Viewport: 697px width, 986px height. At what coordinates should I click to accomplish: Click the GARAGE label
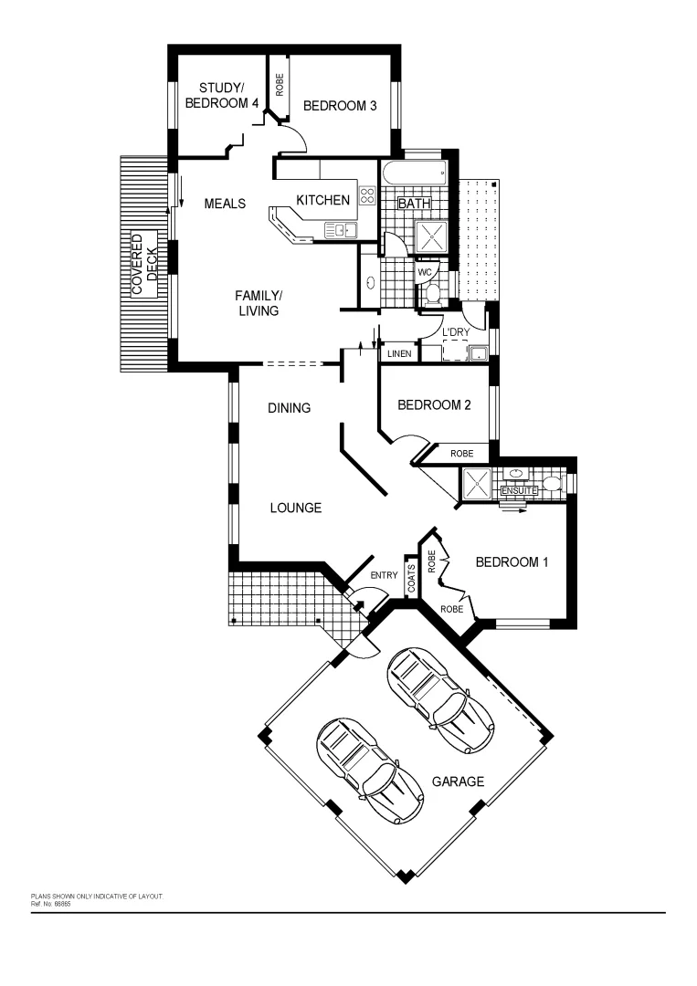pos(458,781)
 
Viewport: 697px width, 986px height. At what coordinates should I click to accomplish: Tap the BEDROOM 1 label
pos(512,562)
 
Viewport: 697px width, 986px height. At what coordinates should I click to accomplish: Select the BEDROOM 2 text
pos(434,405)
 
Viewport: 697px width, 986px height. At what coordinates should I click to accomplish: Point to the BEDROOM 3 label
pos(340,106)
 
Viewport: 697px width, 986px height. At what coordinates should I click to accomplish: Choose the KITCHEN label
pos(323,200)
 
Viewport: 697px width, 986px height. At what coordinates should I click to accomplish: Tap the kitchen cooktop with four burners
pos(367,195)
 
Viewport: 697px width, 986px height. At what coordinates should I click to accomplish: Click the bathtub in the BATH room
pos(413,173)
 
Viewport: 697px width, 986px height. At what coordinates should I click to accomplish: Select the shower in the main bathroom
pos(432,236)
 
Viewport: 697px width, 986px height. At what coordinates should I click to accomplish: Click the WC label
pos(425,272)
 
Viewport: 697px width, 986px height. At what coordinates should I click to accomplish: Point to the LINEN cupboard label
pos(399,353)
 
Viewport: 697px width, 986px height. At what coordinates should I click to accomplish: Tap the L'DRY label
pos(456,331)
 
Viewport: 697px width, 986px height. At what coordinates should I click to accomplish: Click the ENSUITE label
pos(521,491)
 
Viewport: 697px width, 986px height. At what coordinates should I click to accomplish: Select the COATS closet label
pos(411,578)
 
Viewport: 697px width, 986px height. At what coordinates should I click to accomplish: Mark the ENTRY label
pos(384,575)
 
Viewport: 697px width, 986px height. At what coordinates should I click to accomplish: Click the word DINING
pos(289,408)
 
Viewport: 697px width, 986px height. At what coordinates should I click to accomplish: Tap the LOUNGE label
pos(295,508)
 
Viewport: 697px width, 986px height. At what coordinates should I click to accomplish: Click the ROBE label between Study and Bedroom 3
pos(280,85)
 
